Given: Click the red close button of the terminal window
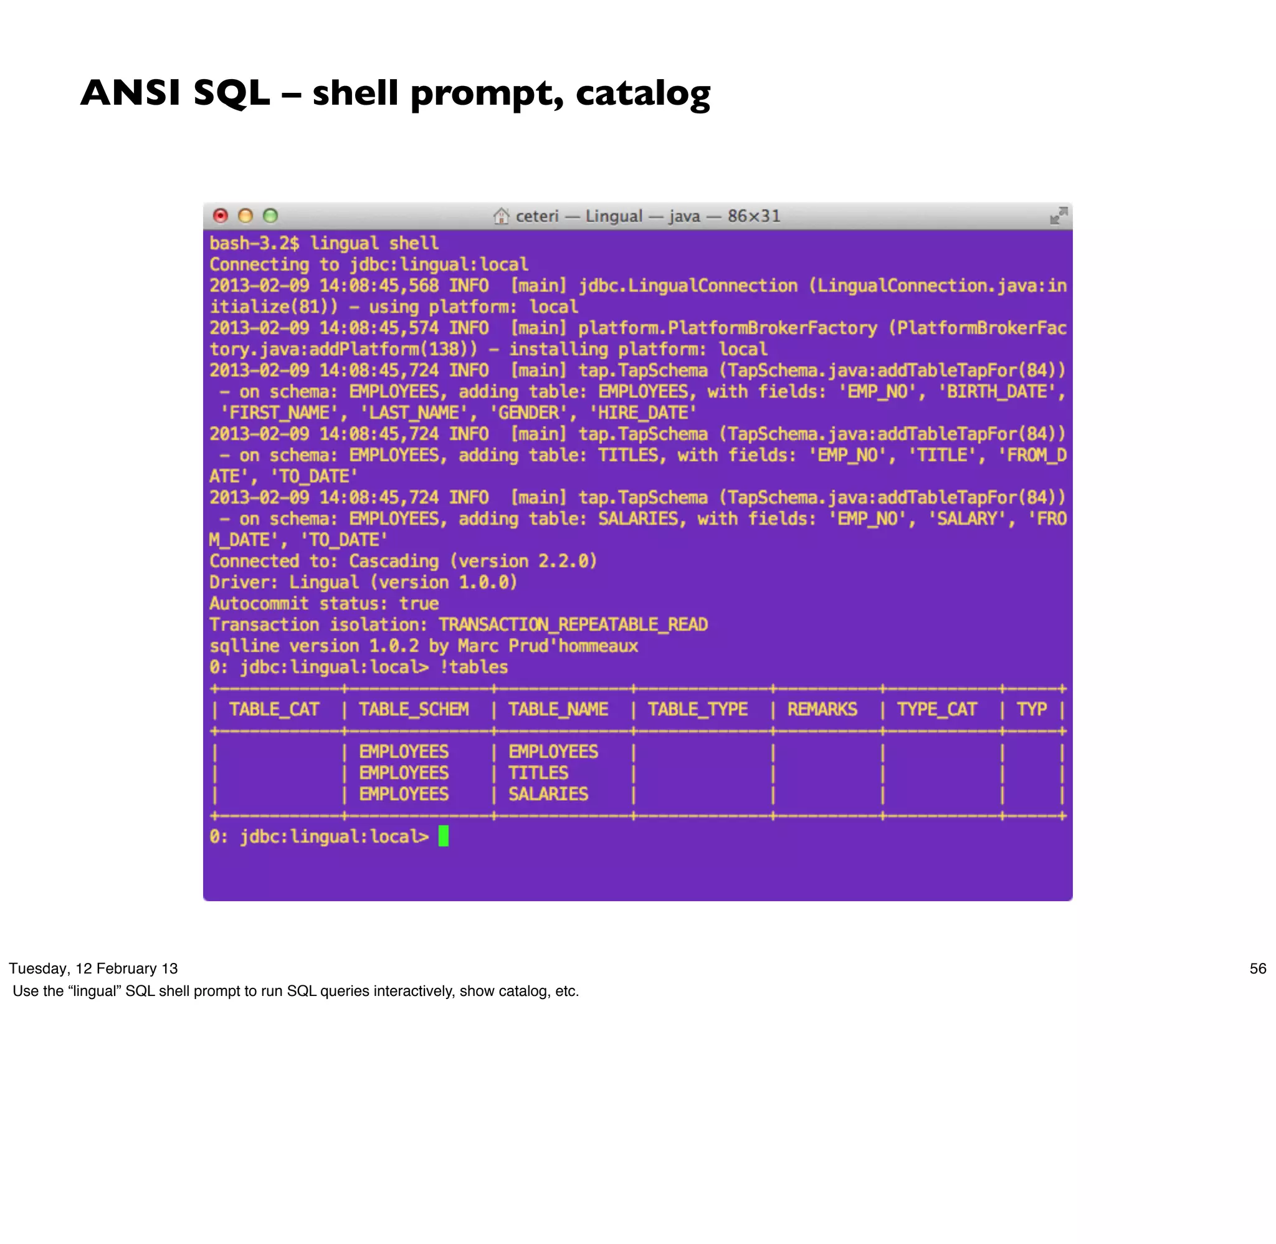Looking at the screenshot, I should coord(221,216).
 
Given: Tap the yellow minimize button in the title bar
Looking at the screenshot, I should coord(245,216).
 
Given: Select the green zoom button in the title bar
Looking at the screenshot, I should coord(270,216).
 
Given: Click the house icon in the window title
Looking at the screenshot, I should coord(501,216).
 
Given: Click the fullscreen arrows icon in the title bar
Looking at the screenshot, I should coord(1058,216).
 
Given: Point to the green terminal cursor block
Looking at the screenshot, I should coord(444,836).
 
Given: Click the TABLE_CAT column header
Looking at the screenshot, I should coord(274,709).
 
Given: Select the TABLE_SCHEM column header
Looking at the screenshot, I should coord(413,709).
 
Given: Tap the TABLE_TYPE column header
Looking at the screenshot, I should coord(697,709).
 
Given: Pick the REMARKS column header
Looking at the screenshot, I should coord(822,709).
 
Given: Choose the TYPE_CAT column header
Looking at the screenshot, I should coord(936,709).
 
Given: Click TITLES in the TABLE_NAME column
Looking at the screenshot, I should coord(538,773).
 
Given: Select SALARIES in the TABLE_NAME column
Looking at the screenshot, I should coord(548,795).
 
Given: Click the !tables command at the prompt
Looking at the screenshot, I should coord(474,667).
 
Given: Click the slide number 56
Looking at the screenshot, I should coord(1258,969).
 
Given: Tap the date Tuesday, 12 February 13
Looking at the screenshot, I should coord(93,969).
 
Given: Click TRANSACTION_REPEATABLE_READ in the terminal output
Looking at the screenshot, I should coord(573,624).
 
